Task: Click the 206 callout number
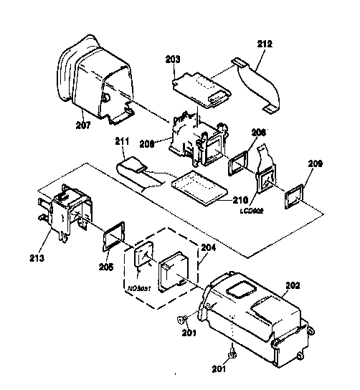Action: (x=259, y=133)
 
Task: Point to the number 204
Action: (x=207, y=247)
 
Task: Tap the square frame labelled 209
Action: (x=294, y=195)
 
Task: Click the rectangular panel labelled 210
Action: (x=199, y=187)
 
